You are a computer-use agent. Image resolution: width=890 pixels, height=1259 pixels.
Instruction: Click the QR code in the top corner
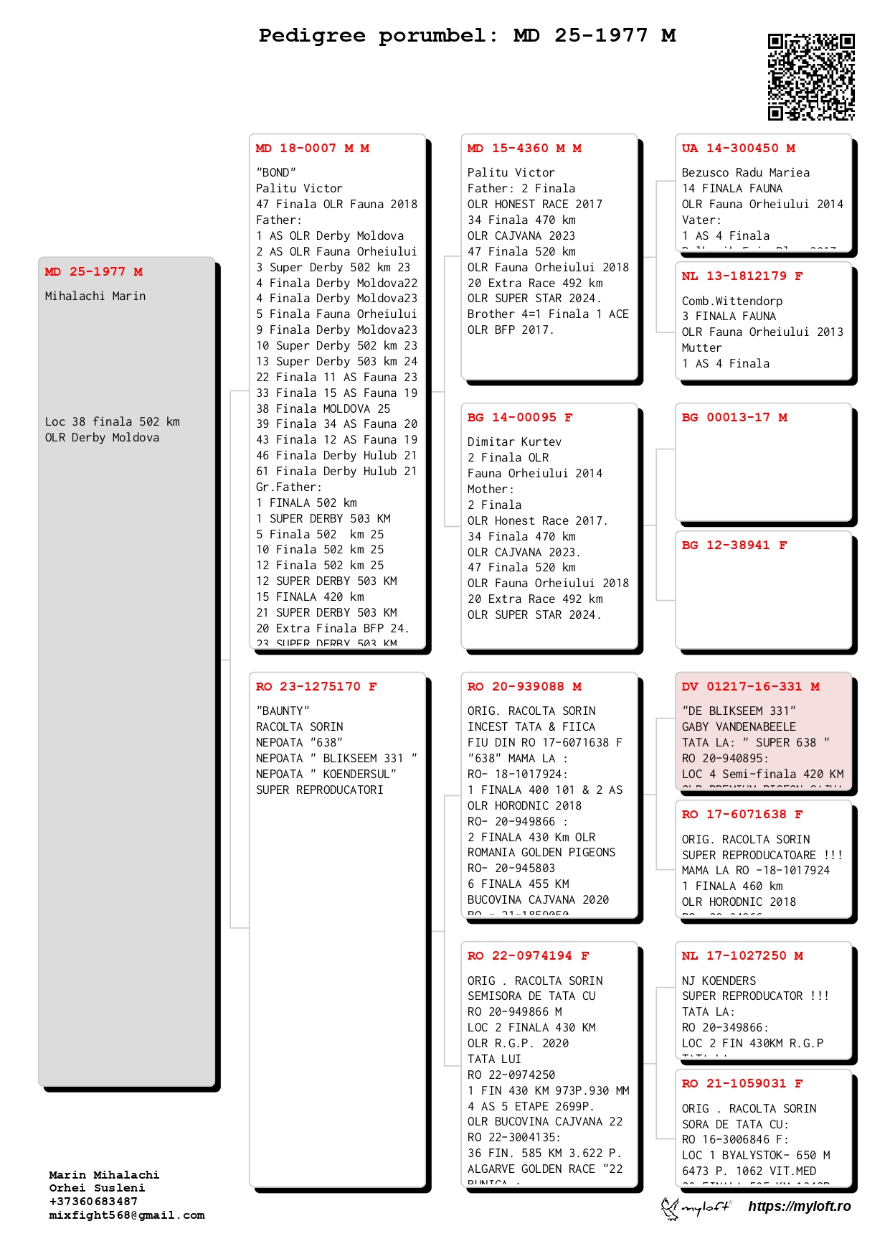pyautogui.click(x=811, y=77)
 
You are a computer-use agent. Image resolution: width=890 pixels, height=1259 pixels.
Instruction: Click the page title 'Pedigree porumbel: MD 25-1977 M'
pyautogui.click(x=467, y=35)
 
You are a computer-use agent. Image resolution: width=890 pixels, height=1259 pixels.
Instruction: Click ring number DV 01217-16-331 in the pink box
pyautogui.click(x=750, y=687)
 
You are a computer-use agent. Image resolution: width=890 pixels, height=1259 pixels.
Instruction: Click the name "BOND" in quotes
pyautogui.click(x=276, y=173)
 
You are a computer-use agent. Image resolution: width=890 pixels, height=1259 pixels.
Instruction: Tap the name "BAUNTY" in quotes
pyautogui.click(x=283, y=711)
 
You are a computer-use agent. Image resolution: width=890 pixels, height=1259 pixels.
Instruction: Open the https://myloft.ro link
pyautogui.click(x=799, y=1207)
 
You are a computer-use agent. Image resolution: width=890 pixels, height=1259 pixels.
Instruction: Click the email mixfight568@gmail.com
pyautogui.click(x=127, y=1215)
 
